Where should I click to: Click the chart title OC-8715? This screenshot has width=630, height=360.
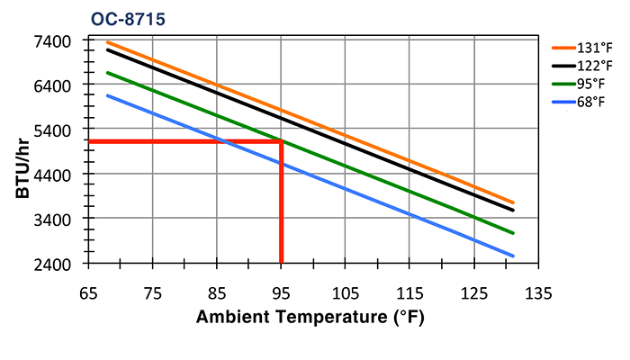click(127, 17)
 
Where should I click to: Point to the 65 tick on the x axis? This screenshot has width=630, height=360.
click(88, 292)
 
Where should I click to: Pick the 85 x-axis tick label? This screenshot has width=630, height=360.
click(217, 292)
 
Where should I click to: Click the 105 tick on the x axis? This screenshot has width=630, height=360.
click(346, 292)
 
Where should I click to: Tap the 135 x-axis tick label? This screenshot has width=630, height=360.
click(538, 292)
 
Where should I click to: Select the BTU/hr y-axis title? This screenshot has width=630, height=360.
click(24, 162)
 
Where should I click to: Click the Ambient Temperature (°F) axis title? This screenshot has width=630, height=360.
click(310, 318)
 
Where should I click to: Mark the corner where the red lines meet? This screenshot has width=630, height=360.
click(282, 141)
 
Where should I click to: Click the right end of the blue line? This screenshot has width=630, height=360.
click(513, 256)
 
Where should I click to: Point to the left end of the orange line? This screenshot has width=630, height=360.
click(107, 42)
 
